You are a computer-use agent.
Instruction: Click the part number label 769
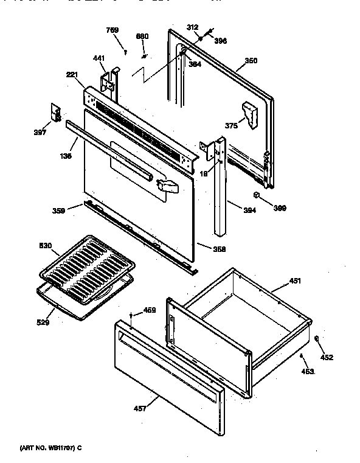112,30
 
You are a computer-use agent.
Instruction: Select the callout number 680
142,37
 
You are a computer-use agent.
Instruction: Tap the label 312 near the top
192,27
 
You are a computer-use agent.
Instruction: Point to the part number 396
220,41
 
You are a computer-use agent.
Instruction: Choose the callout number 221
72,75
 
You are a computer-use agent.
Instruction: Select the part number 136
66,156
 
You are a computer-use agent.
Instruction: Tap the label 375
231,126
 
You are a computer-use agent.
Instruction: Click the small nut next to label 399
257,196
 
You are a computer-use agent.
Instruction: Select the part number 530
46,245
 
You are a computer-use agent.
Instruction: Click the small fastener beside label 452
318,338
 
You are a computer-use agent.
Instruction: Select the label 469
149,310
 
